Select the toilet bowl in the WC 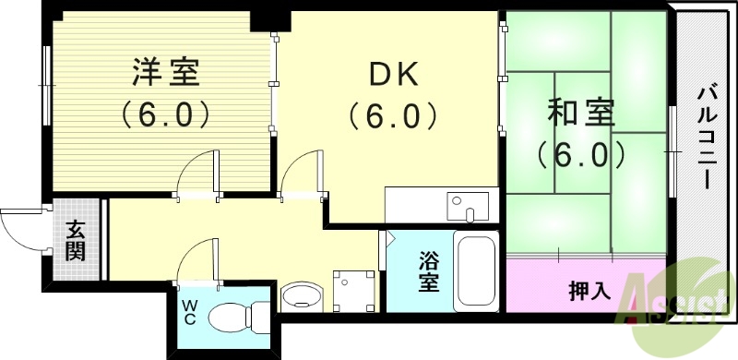(x=235, y=318)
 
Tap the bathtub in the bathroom (x=477, y=272)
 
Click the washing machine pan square (x=355, y=290)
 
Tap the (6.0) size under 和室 (x=577, y=153)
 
